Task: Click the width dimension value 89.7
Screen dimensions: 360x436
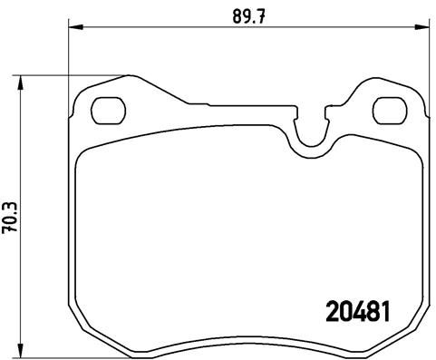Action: coord(244,15)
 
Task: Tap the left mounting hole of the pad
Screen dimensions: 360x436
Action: coord(111,112)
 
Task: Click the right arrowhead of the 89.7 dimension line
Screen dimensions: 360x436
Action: coord(424,27)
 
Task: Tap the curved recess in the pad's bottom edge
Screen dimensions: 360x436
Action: coord(250,344)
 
